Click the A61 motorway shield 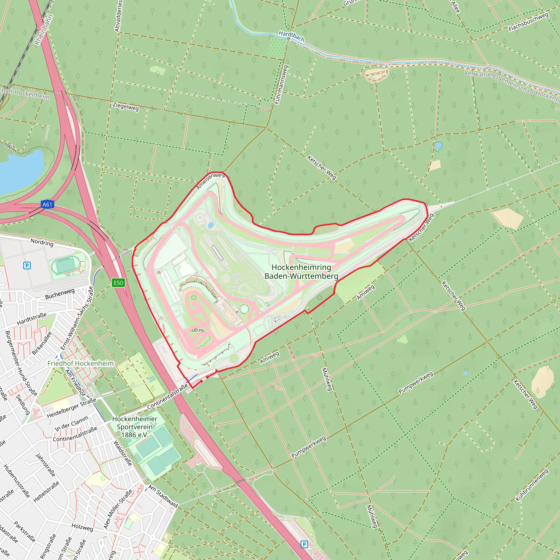(47, 205)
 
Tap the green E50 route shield (118, 283)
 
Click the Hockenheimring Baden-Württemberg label (301, 272)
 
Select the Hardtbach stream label (291, 36)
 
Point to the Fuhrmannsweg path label (281, 85)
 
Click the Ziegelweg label (126, 107)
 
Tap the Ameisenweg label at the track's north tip (211, 180)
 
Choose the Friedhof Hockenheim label (80, 363)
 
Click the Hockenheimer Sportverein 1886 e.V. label (135, 427)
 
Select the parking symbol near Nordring (27, 266)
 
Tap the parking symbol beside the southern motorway (304, 544)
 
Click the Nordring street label (42, 242)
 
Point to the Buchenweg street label (60, 294)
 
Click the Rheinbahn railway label (44, 30)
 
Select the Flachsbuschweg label (528, 22)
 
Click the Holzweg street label (82, 527)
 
